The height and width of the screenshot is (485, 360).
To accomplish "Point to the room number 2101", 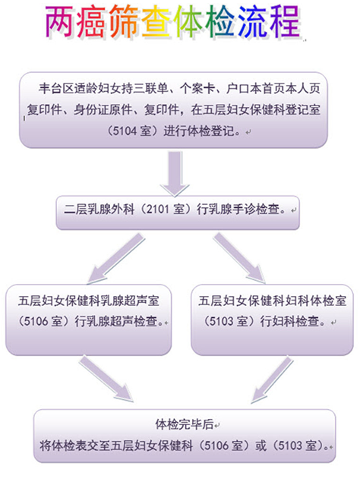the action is click(158, 209).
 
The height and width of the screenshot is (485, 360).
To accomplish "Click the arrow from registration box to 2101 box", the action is click(175, 173).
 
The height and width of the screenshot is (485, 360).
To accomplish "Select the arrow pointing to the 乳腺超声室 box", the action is click(116, 259).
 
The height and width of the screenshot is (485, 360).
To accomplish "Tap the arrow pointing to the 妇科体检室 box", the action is click(239, 258).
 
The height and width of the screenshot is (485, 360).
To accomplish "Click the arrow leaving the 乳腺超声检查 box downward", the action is click(106, 379).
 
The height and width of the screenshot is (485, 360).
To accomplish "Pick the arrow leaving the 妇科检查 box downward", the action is click(272, 379).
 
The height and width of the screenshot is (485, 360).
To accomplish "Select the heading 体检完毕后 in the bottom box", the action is click(185, 424).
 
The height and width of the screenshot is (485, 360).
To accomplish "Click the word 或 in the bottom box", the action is click(261, 446).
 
